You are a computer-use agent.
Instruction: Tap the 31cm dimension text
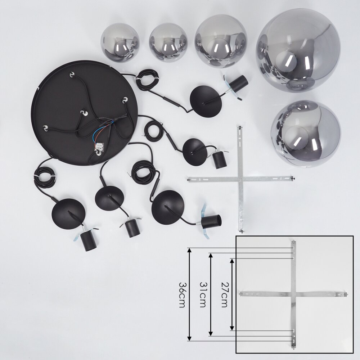point(203,294)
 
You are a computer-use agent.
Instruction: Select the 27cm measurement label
point(224,294)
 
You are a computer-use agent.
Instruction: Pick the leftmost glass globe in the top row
point(120,44)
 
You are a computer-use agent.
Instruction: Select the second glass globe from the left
point(168,43)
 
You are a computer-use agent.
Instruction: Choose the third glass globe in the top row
point(221,41)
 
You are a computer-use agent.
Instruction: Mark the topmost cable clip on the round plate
point(72,75)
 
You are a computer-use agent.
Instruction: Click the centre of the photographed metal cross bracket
point(240,179)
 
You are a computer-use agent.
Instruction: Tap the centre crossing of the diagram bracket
point(293,294)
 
